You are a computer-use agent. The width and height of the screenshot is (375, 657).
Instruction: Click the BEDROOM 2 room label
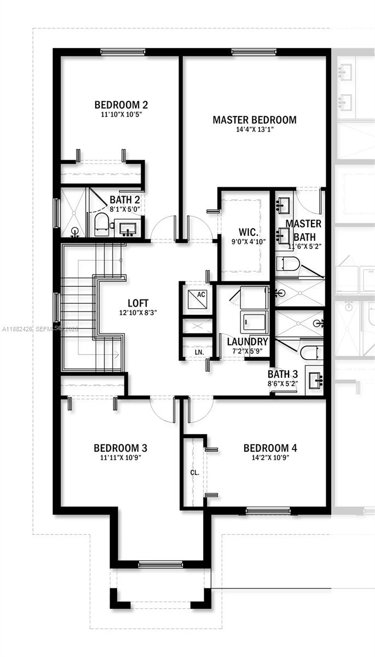tap(121, 105)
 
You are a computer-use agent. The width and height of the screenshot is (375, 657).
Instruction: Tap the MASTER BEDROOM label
tap(255, 120)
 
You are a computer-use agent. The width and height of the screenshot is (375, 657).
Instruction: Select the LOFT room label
tap(138, 303)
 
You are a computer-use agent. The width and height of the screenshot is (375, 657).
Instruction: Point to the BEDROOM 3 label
tap(120, 448)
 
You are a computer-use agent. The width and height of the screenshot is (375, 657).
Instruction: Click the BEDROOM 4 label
tap(270, 448)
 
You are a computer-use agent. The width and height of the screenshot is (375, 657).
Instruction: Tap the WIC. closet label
tap(245, 230)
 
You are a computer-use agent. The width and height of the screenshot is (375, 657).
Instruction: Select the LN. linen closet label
tap(199, 352)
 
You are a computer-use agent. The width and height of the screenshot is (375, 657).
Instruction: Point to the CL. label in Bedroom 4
tap(194, 472)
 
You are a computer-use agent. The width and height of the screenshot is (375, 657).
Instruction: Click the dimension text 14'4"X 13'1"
tap(255, 130)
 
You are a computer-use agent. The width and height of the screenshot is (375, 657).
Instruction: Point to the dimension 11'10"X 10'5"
tap(121, 114)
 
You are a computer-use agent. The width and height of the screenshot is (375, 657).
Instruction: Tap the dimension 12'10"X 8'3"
tap(138, 313)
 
